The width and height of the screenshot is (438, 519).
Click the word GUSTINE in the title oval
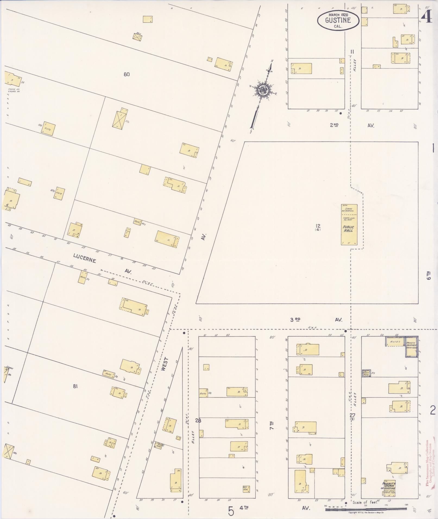pos(338,20)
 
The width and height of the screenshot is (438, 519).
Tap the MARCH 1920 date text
pos(338,14)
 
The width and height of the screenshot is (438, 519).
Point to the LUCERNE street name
pos(84,258)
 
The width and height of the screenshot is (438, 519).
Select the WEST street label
pos(165,364)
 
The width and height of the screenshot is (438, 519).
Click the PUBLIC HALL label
pos(348,228)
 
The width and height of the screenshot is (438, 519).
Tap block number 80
pos(127,74)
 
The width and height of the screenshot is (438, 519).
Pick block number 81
pos(75,386)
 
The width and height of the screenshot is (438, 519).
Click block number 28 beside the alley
pos(198,421)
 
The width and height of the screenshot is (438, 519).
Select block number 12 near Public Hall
pos(318,226)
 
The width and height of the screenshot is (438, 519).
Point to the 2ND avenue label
pos(334,125)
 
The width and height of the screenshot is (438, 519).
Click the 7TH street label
pos(271,426)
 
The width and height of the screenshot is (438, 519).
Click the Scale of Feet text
pos(365,502)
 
